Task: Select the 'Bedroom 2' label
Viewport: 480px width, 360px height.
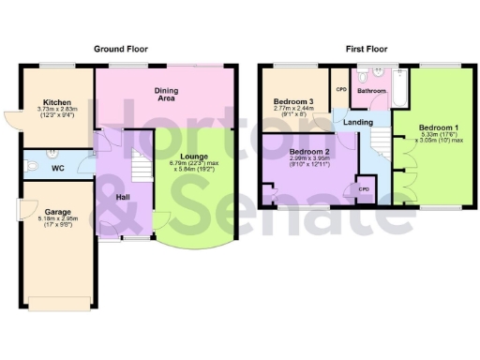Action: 308,150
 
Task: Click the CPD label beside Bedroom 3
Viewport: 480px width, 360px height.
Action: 341,89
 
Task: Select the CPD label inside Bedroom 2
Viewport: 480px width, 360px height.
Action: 361,188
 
